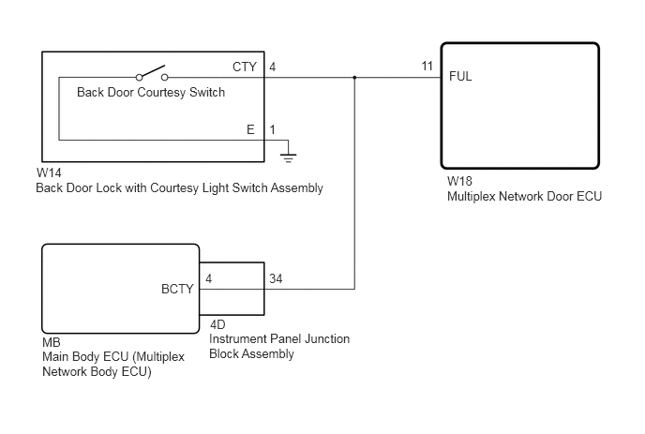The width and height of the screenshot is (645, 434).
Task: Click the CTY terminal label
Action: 245,67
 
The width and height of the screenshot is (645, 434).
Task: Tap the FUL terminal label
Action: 460,76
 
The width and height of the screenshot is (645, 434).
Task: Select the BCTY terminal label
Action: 177,289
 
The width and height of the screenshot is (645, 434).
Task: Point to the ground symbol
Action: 288,157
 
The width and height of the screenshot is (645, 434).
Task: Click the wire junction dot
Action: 354,78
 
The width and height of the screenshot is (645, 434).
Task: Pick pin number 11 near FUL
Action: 427,66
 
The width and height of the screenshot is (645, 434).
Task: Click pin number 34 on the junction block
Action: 276,278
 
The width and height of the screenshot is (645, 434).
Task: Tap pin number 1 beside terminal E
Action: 272,129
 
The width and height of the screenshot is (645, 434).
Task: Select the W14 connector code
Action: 49,172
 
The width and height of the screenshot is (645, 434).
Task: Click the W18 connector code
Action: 459,181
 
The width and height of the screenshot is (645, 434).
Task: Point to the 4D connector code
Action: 217,324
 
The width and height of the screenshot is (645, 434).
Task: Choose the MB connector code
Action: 52,342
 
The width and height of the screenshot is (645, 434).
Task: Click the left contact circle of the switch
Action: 139,78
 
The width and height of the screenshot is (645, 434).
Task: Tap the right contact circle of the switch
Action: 165,78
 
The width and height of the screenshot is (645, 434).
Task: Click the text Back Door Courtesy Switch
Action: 151,92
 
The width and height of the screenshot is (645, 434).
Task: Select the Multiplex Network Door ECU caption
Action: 524,196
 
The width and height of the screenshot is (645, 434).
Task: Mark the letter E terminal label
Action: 250,129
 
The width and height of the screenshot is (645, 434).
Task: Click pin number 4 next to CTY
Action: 272,67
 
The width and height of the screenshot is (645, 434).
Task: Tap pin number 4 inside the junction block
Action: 208,279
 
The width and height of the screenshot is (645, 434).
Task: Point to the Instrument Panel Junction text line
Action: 279,339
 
